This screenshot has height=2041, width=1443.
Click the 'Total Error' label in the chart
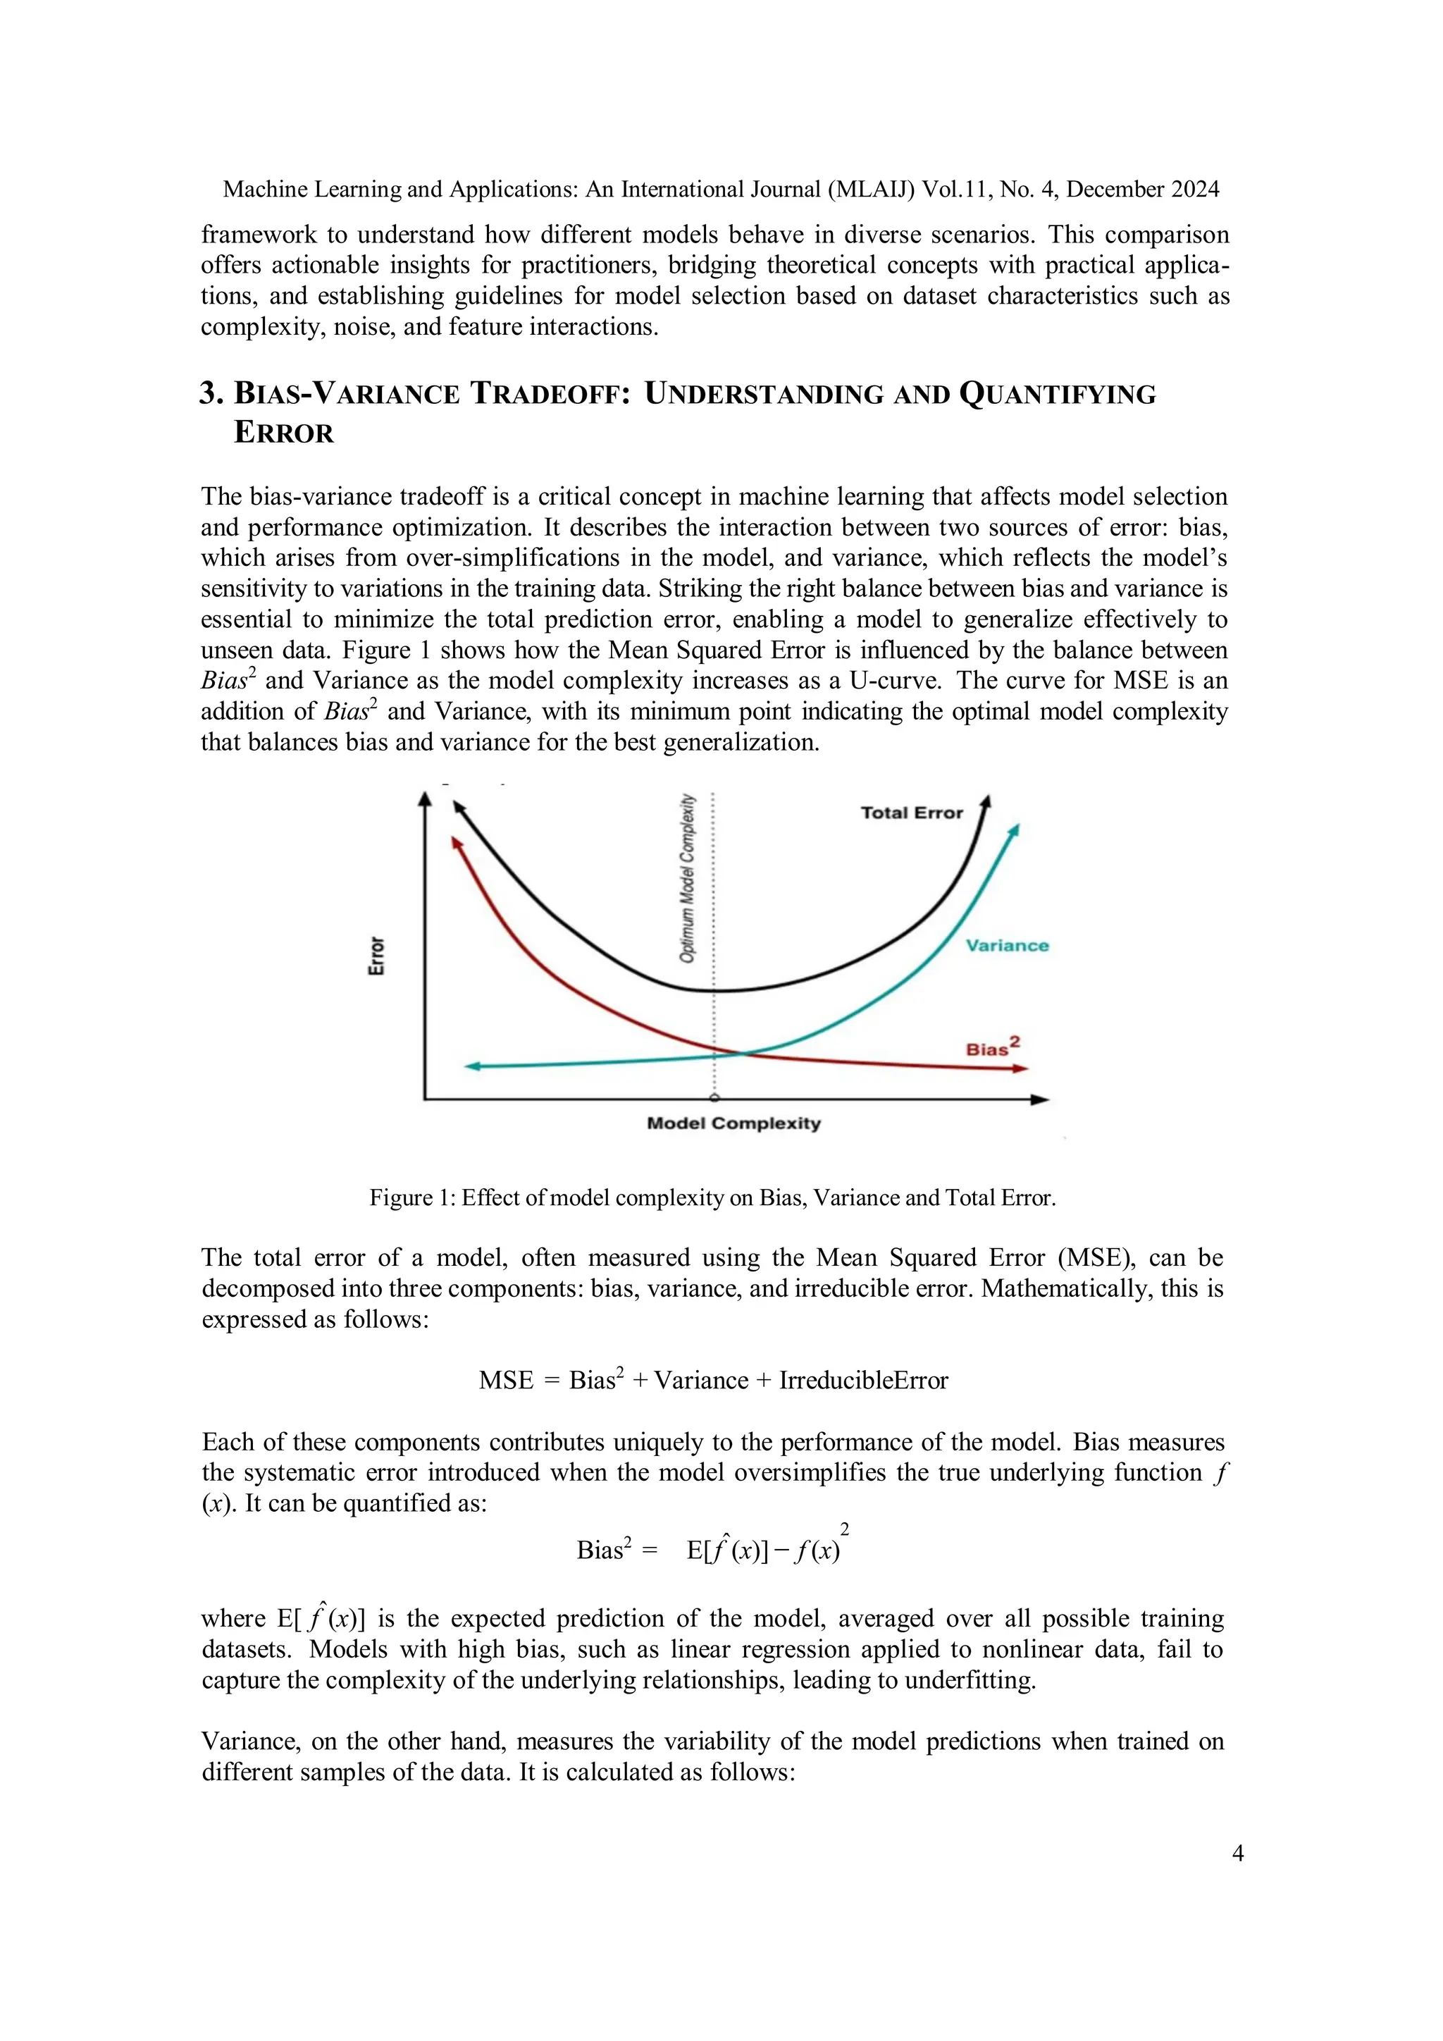[x=912, y=813]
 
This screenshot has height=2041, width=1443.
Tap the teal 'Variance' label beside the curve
[x=1007, y=945]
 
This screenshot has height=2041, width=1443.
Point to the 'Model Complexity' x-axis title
[x=734, y=1123]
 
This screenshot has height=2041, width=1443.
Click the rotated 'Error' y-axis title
[x=377, y=956]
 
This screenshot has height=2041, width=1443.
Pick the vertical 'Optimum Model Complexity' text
[x=687, y=878]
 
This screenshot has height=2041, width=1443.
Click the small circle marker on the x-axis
[x=714, y=1099]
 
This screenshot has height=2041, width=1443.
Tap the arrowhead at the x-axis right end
[x=1041, y=1099]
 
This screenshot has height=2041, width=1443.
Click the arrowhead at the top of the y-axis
[x=425, y=799]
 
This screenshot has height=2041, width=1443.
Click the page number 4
[x=1238, y=1853]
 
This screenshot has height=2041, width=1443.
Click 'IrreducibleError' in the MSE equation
[x=863, y=1381]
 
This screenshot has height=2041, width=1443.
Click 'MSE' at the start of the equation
[x=506, y=1381]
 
